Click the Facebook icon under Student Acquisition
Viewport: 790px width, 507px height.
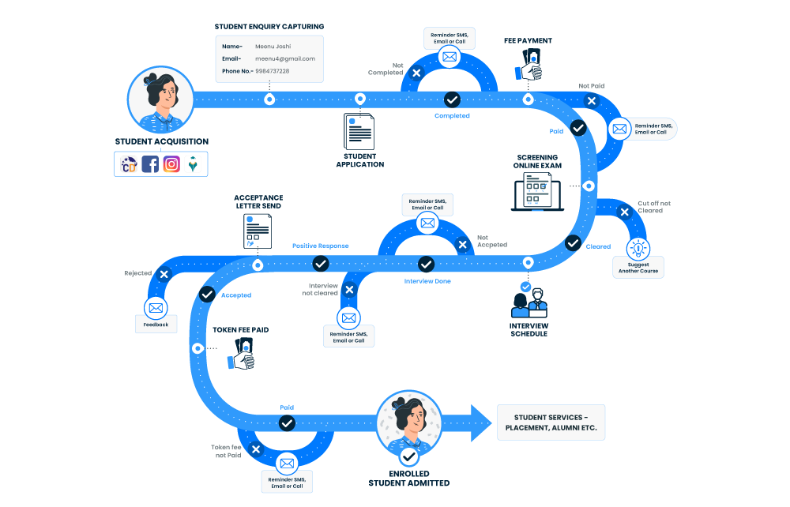click(150, 164)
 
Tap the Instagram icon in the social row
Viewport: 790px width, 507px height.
click(171, 164)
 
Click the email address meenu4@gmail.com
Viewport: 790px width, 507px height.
click(284, 58)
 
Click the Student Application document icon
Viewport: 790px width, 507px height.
click(359, 132)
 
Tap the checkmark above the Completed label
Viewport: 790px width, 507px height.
click(452, 100)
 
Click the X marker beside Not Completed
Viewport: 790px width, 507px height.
click(417, 72)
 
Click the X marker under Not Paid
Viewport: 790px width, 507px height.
click(591, 100)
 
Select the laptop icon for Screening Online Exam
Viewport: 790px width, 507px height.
click(536, 190)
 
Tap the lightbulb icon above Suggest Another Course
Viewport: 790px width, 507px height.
click(638, 248)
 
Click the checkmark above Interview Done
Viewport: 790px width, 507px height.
click(426, 264)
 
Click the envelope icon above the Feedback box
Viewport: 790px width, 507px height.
click(155, 308)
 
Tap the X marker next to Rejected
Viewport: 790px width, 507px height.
click(164, 274)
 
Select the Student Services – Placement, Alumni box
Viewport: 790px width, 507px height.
click(551, 422)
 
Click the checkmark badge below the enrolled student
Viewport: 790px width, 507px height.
click(408, 456)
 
